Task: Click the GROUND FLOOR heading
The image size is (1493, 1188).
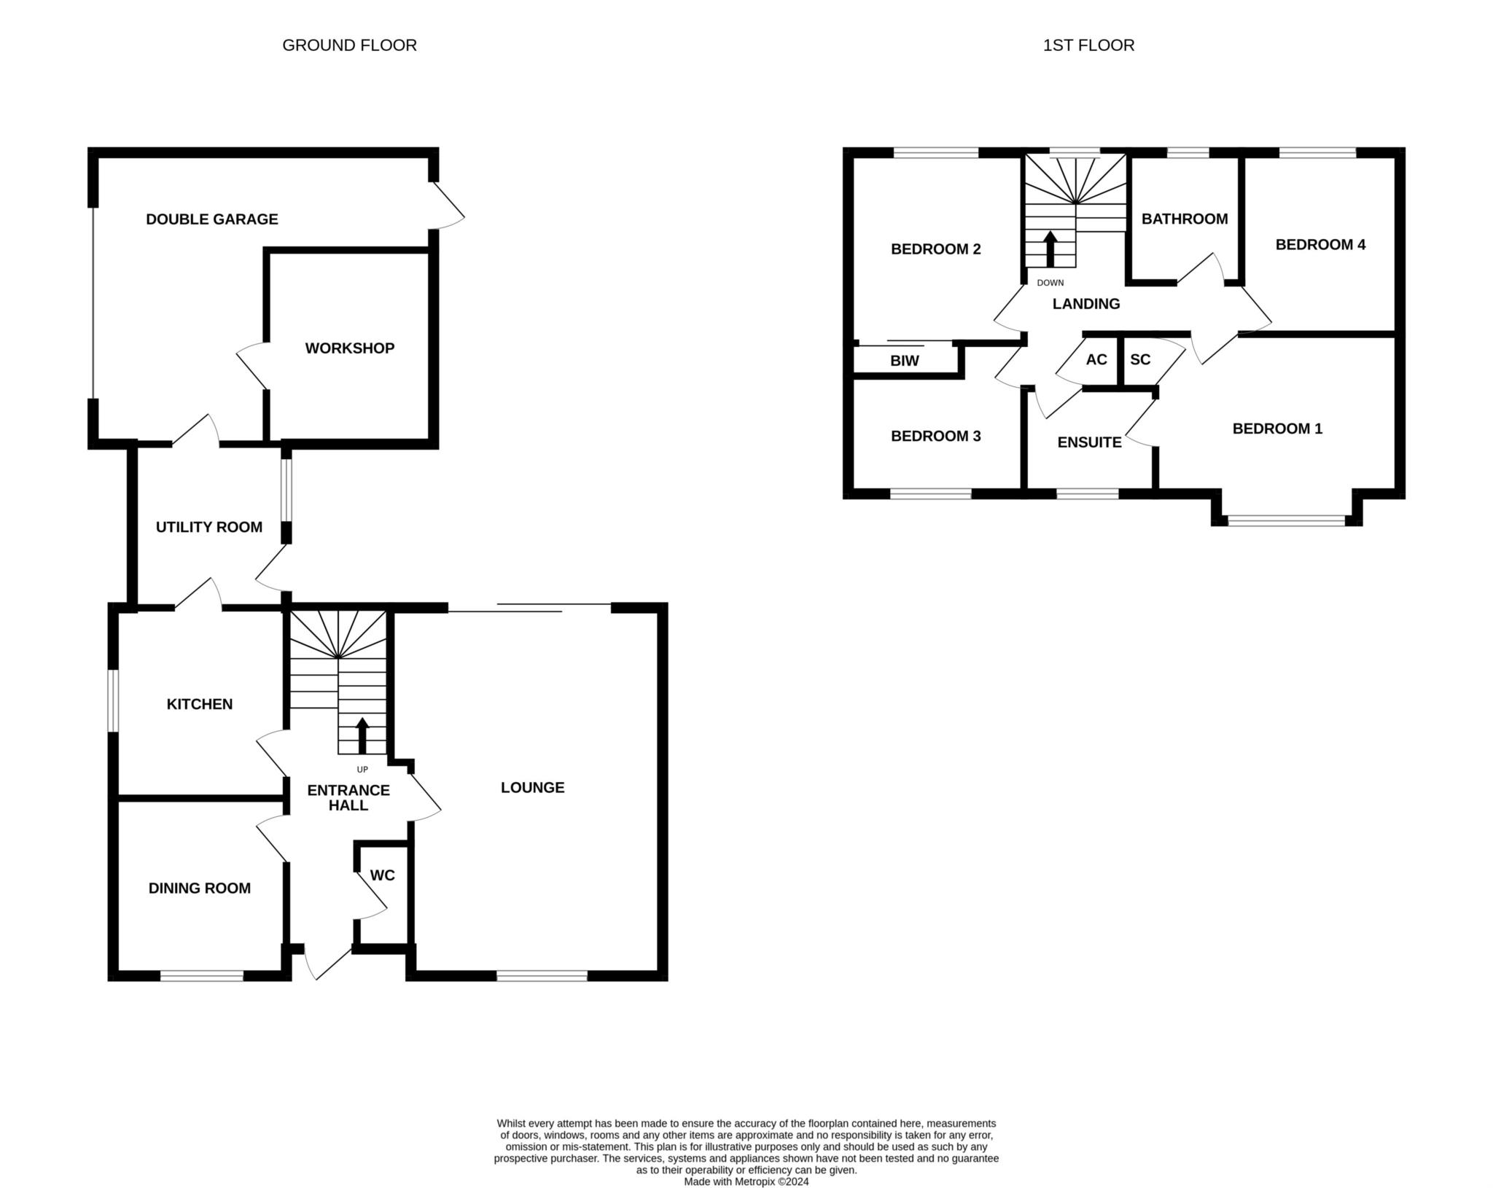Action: click(349, 45)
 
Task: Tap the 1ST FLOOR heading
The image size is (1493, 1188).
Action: click(1088, 45)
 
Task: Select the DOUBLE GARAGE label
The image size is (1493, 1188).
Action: click(212, 219)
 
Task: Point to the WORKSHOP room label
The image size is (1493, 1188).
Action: click(350, 348)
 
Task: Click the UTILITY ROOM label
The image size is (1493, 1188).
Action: click(209, 527)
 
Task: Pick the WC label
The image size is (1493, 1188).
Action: click(383, 875)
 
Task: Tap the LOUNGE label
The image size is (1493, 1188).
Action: click(533, 787)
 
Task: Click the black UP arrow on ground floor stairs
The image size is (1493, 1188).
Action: click(362, 736)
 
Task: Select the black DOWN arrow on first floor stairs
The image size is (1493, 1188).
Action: click(1050, 249)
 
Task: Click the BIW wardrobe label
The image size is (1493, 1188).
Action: click(905, 361)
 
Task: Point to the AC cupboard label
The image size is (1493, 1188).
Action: click(1096, 359)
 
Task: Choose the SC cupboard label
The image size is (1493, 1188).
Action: click(1140, 359)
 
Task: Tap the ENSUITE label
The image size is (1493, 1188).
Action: click(1090, 442)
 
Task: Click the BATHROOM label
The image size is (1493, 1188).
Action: click(1185, 219)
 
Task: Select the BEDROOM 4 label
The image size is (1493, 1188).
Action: click(1320, 245)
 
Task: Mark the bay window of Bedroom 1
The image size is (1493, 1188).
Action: click(1287, 521)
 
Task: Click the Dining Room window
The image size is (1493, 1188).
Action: click(202, 976)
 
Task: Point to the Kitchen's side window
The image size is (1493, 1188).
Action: click(113, 700)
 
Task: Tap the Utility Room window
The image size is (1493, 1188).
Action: click(286, 490)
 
